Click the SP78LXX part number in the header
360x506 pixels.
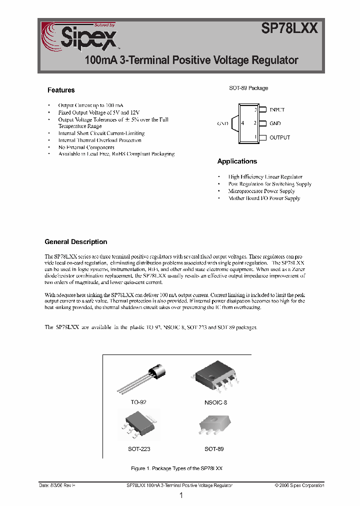tap(289, 29)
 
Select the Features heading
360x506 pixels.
tap(61, 90)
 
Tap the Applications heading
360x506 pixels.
tap(237, 161)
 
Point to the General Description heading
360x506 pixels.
tap(76, 242)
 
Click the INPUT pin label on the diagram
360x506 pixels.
tap(277, 109)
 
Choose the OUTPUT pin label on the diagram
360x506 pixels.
tap(279, 137)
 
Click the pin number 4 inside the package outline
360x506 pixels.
tap(242, 123)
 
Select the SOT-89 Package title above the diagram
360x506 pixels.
tap(248, 88)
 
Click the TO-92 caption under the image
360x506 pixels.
tap(138, 402)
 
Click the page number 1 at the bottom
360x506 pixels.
tap(181, 495)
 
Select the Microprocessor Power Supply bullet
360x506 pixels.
tap(261, 191)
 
